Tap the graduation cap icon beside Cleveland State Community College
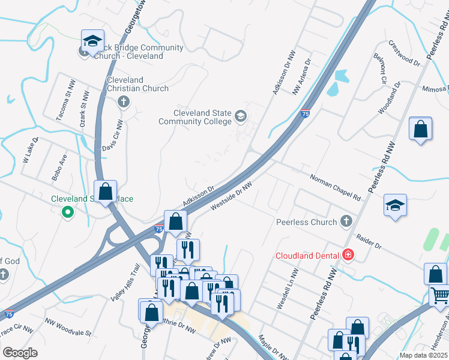pyautogui.click(x=240, y=116)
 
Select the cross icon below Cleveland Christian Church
pyautogui.click(x=124, y=101)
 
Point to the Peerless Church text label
pyautogui.click(x=306, y=222)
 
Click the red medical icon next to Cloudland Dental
pyautogui.click(x=348, y=255)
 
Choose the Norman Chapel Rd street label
pyautogui.click(x=335, y=188)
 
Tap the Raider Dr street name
pyautogui.click(x=369, y=242)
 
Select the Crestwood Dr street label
pyautogui.click(x=404, y=52)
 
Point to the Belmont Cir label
pyautogui.click(x=381, y=71)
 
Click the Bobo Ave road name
pyautogui.click(x=59, y=169)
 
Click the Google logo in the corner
pyautogui.click(x=20, y=352)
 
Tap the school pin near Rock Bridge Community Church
pyautogui.click(x=92, y=41)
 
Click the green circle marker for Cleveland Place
pyautogui.click(x=68, y=211)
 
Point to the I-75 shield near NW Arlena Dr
pyautogui.click(x=306, y=113)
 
